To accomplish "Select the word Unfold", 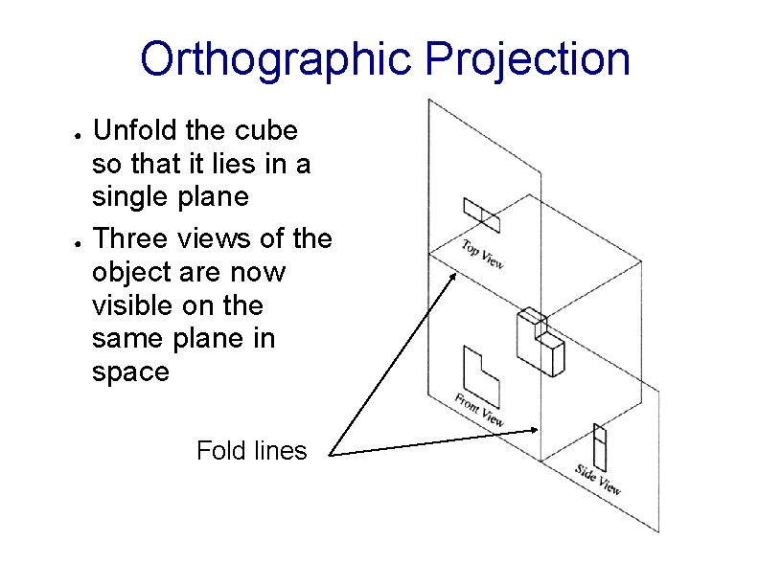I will click(x=135, y=131).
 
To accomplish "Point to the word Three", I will click(x=134, y=238).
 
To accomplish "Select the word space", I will click(x=129, y=372).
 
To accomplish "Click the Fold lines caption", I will click(x=251, y=451).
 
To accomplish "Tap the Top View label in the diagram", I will click(x=482, y=254).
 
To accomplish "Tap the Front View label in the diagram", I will click(x=478, y=409).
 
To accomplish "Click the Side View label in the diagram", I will click(x=598, y=479).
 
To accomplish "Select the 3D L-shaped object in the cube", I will click(x=540, y=341).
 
